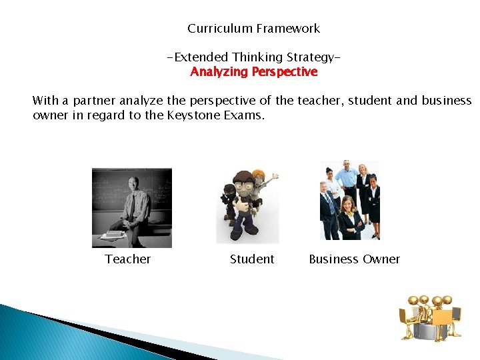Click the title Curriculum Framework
(x=253, y=29)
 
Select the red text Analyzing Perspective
(x=253, y=72)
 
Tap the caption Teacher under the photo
(x=127, y=259)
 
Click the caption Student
(x=252, y=259)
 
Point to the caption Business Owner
(x=354, y=259)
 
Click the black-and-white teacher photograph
(x=132, y=207)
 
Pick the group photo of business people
(x=350, y=200)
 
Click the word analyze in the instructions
(x=142, y=101)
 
